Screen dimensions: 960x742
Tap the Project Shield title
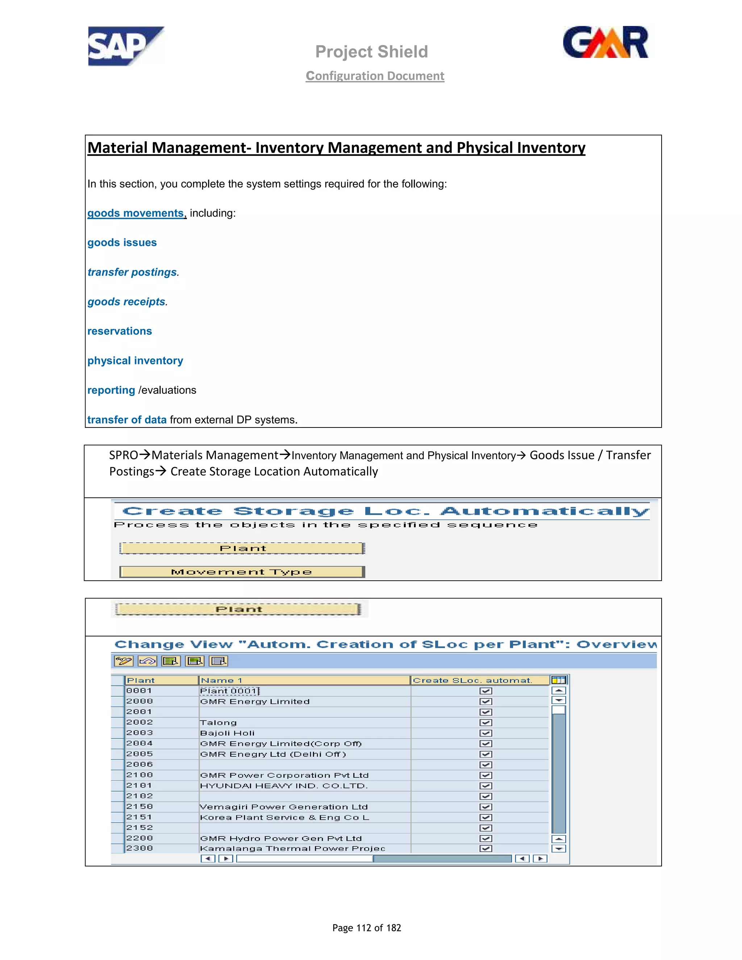pyautogui.click(x=371, y=52)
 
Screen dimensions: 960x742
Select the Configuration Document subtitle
pyautogui.click(x=375, y=76)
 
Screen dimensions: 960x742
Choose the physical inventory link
pyautogui.click(x=135, y=361)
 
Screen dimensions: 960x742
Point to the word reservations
pyautogui.click(x=120, y=331)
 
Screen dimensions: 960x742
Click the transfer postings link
pyautogui.click(x=132, y=272)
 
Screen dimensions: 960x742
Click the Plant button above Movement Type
pyautogui.click(x=242, y=548)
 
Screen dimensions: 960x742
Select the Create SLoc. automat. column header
pyautogui.click(x=472, y=680)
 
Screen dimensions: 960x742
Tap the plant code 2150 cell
pyautogui.click(x=140, y=807)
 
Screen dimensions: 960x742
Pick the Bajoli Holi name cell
pyautogui.click(x=227, y=733)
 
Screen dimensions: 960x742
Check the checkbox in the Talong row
pyautogui.click(x=486, y=723)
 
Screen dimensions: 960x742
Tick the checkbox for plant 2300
pyautogui.click(x=486, y=848)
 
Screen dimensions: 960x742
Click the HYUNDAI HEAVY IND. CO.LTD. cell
pyautogui.click(x=284, y=786)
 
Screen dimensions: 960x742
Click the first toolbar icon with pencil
pyautogui.click(x=124, y=661)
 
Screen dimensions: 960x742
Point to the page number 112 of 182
pyautogui.click(x=367, y=928)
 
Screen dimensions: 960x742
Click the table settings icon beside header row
pyautogui.click(x=559, y=680)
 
